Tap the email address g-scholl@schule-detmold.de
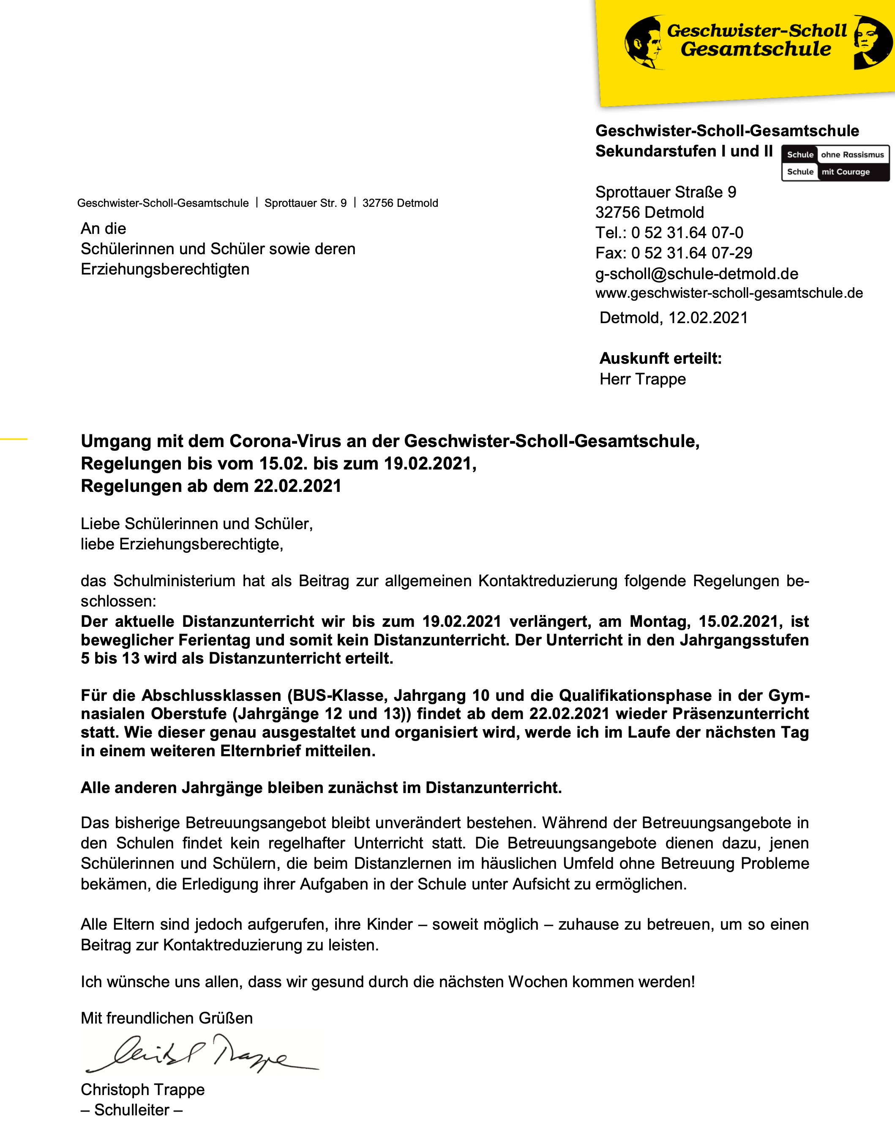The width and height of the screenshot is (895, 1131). [696, 274]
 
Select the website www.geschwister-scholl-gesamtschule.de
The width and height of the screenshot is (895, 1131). [729, 293]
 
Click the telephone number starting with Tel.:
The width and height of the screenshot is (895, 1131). [669, 233]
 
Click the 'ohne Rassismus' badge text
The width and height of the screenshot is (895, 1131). [852, 155]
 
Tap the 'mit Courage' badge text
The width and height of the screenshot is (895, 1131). [845, 172]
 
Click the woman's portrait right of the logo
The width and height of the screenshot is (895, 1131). [871, 42]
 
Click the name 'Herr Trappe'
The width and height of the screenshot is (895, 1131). [642, 379]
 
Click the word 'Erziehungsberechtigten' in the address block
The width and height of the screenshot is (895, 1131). [165, 269]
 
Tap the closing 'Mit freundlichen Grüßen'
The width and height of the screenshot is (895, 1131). [166, 1018]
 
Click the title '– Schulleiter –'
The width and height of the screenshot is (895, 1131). [131, 1110]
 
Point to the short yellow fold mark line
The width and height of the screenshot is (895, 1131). [14, 438]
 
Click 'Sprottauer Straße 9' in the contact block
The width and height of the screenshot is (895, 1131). [666, 192]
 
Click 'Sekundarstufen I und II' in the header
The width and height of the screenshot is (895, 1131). [684, 151]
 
